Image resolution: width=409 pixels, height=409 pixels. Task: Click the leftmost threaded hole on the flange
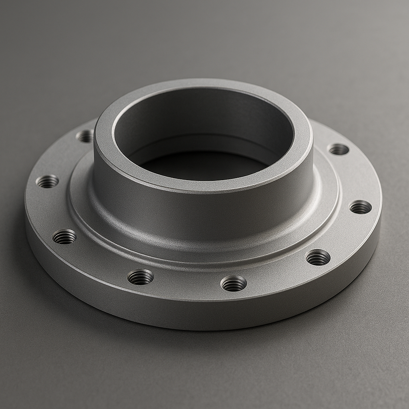47,182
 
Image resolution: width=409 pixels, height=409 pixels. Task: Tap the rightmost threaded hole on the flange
360,207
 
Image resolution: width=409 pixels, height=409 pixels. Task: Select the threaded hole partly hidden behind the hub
85,136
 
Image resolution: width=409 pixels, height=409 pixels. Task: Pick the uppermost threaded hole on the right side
338,149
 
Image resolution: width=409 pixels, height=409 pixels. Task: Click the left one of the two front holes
141,277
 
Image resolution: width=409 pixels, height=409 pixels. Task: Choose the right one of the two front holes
234,283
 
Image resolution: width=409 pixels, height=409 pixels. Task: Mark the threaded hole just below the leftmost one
64,236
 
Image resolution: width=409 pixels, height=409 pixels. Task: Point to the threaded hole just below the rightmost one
318,257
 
